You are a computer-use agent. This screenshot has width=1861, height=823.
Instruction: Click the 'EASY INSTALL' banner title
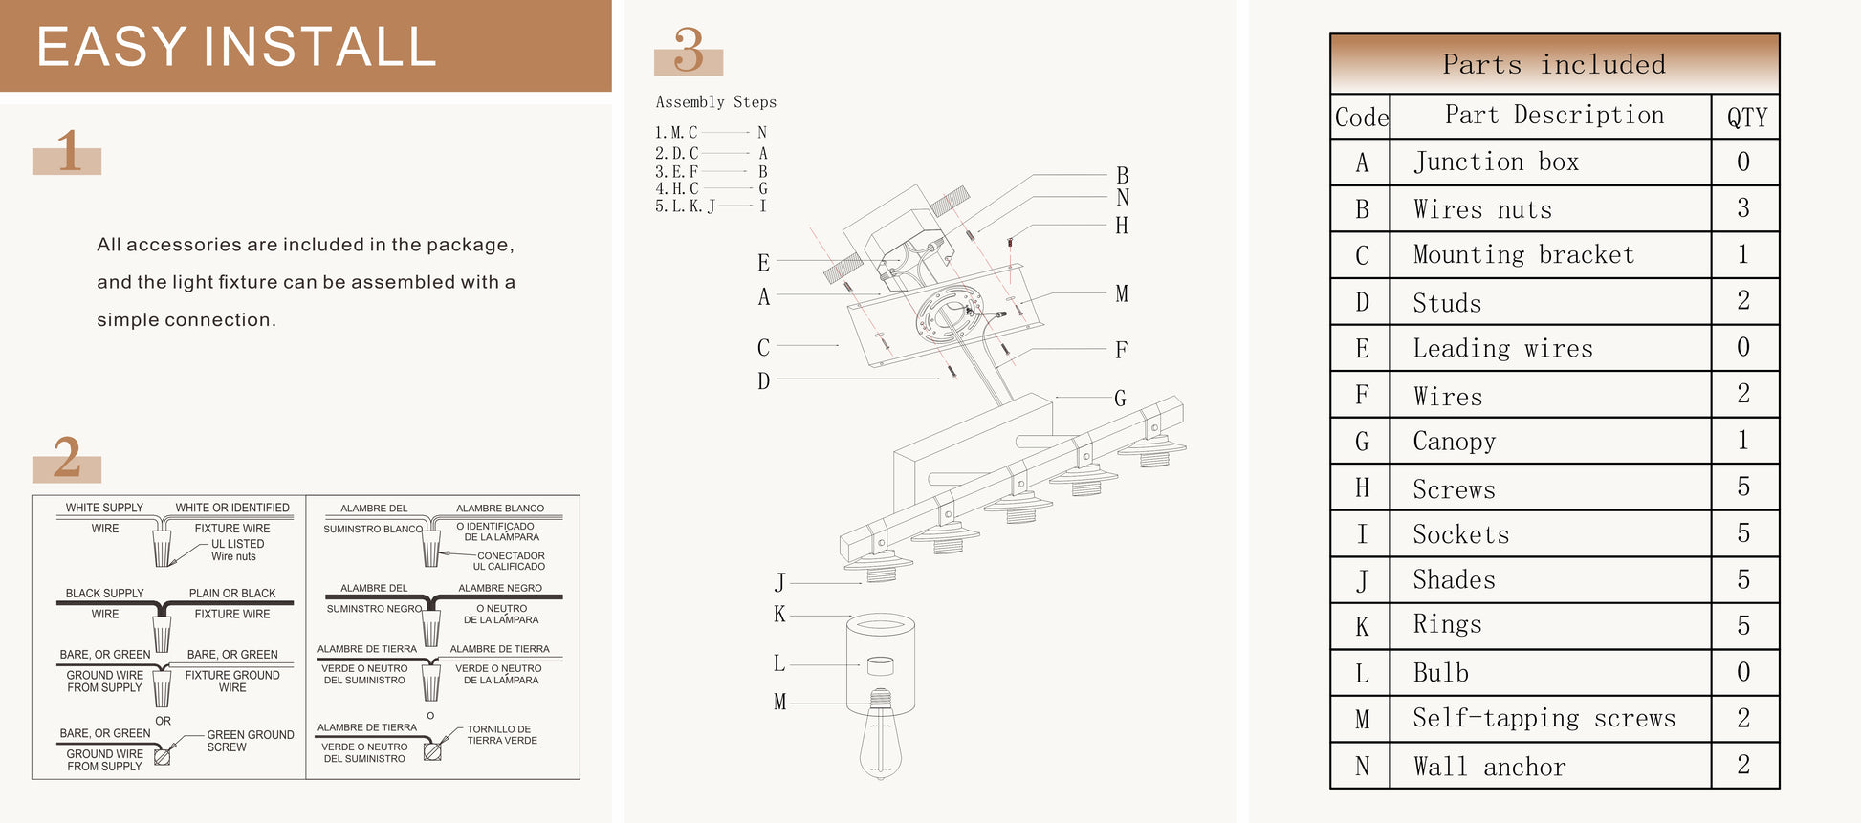pyautogui.click(x=236, y=47)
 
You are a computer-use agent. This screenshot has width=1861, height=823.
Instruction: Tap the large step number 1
pyautogui.click(x=68, y=151)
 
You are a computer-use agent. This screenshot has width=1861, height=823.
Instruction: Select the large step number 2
pyautogui.click(x=67, y=457)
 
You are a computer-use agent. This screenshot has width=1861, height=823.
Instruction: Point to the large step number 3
pyautogui.click(x=689, y=50)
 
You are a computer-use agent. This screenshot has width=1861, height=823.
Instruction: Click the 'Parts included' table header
pyautogui.click(x=1554, y=64)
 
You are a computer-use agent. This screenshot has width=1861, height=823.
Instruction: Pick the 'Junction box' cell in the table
pyautogui.click(x=1496, y=162)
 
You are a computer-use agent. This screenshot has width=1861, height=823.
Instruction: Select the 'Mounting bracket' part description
pyautogui.click(x=1523, y=254)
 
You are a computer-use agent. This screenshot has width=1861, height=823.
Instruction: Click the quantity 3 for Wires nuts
pyautogui.click(x=1743, y=208)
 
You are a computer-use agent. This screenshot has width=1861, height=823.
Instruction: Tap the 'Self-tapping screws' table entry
pyautogui.click(x=1544, y=718)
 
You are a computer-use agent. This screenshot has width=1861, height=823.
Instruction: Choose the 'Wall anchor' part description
pyautogui.click(x=1489, y=767)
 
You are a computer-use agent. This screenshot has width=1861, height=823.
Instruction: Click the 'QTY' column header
pyautogui.click(x=1746, y=117)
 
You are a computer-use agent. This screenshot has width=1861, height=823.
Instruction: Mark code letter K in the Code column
pyautogui.click(x=1362, y=626)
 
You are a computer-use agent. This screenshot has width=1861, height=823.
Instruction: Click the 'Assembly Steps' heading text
pyautogui.click(x=716, y=102)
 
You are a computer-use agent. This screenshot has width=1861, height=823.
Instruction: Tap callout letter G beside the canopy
pyautogui.click(x=1120, y=399)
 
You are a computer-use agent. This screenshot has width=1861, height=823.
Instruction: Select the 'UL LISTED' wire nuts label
pyautogui.click(x=237, y=550)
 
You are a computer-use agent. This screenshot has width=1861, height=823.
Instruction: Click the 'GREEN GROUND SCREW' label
pyautogui.click(x=251, y=741)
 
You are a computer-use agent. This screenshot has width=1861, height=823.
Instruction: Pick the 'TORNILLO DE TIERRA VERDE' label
pyautogui.click(x=501, y=734)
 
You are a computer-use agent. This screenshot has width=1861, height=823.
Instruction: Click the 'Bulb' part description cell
pyautogui.click(x=1440, y=673)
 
